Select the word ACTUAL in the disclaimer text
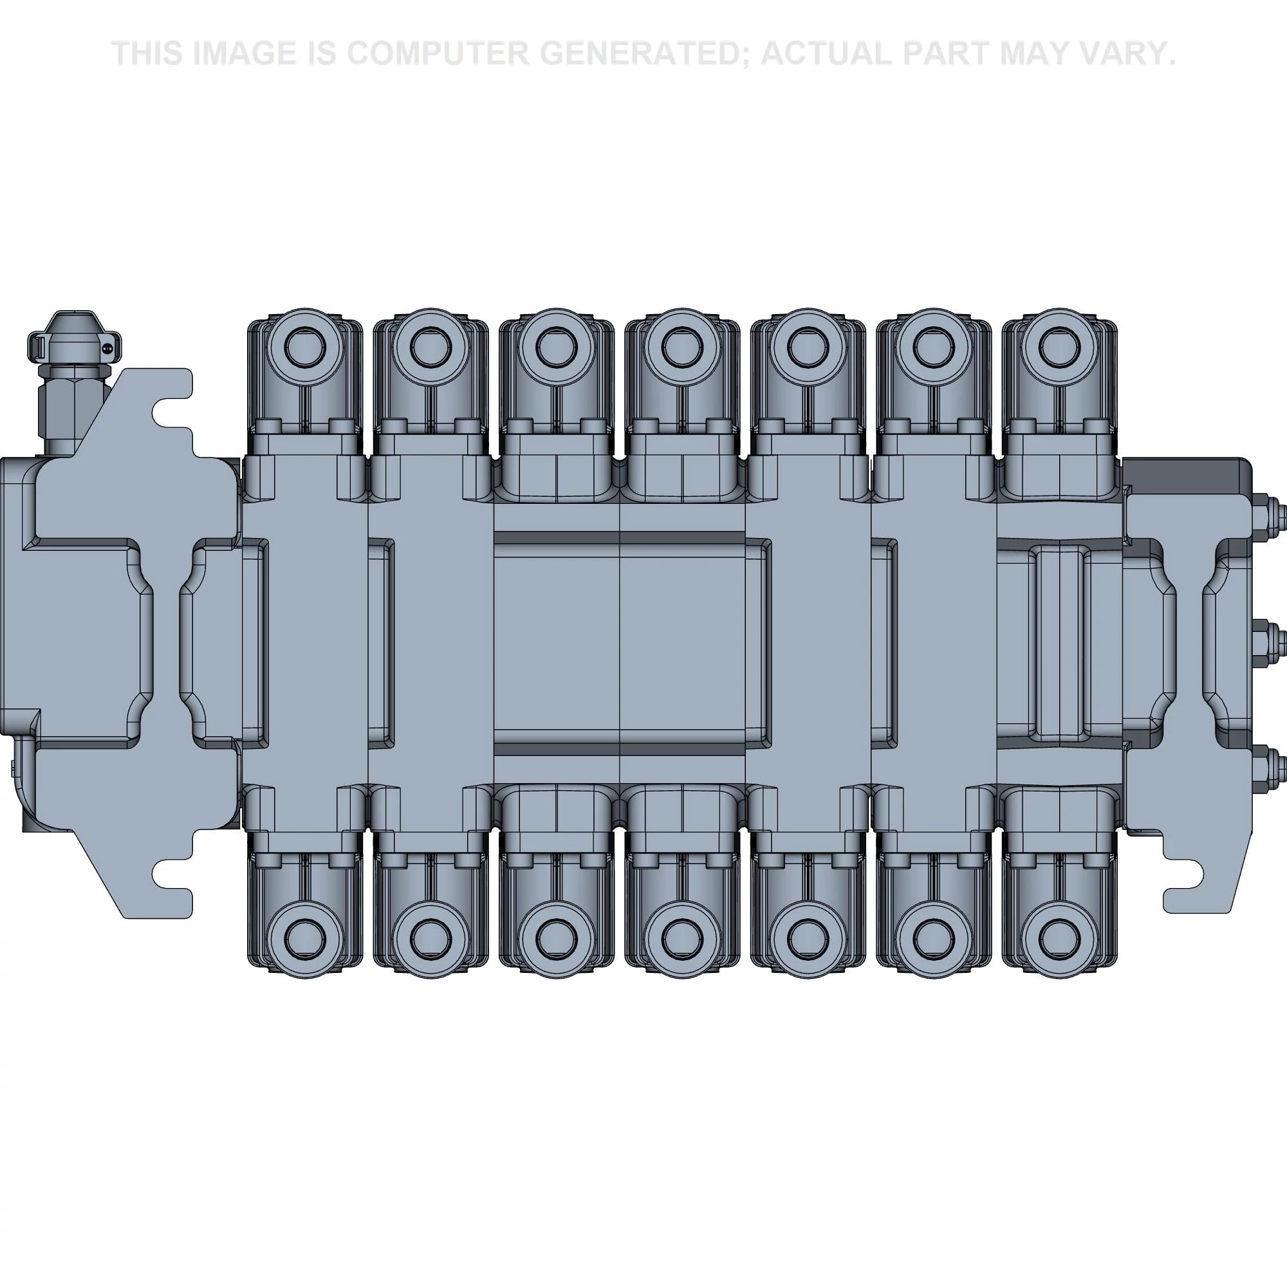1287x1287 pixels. coord(826,53)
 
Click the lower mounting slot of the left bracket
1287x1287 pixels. coord(172,873)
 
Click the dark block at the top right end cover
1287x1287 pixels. coord(1186,474)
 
